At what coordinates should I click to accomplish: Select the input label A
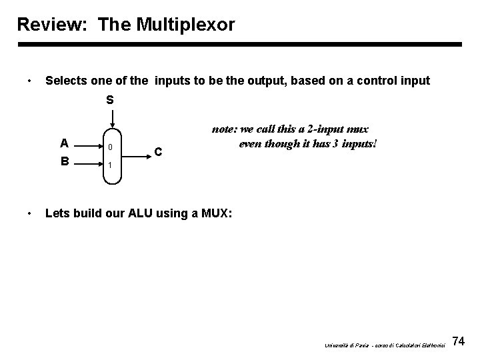[x=63, y=142]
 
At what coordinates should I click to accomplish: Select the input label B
[x=63, y=160]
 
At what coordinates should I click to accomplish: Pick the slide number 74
[x=458, y=342]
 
